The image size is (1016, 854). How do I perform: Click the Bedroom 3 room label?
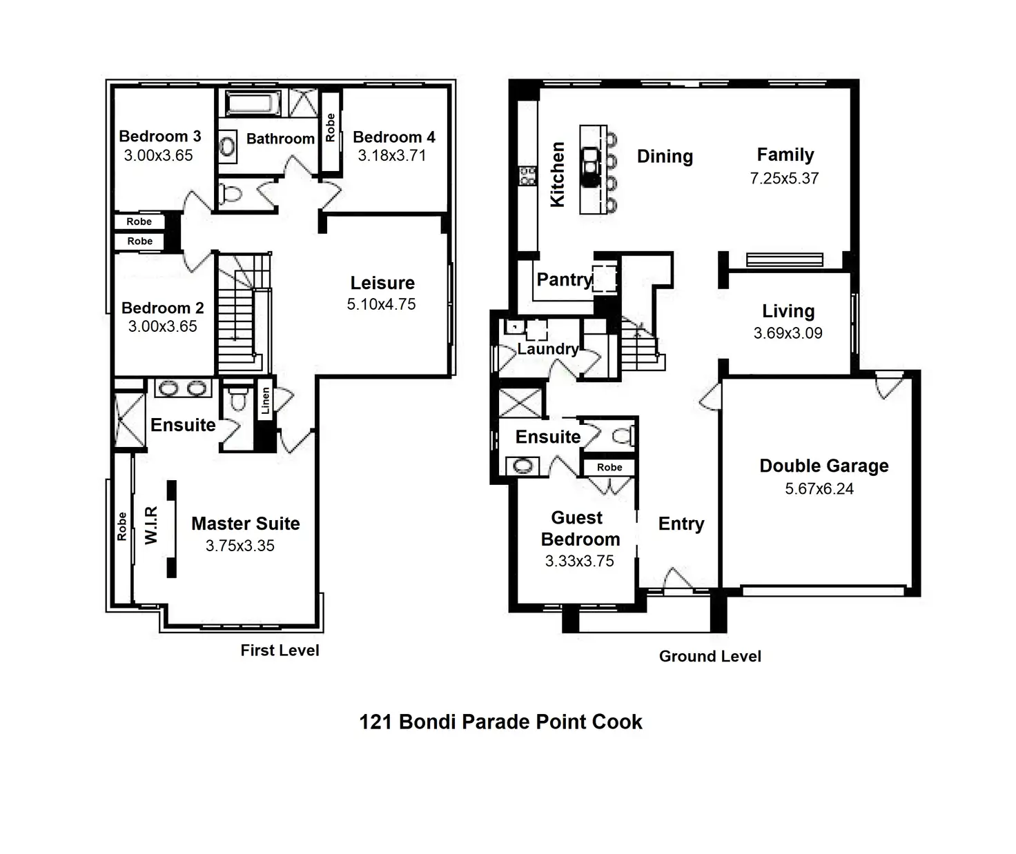click(159, 136)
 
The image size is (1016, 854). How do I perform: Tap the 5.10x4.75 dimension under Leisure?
click(381, 304)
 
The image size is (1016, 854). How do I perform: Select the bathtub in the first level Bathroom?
click(253, 103)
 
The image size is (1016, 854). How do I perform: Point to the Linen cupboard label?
click(265, 400)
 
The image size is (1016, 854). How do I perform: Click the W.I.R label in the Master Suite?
click(151, 525)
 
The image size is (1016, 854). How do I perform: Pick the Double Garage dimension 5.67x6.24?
click(819, 488)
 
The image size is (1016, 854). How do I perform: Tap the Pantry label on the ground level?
click(565, 279)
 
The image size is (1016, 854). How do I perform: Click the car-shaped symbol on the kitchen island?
click(590, 166)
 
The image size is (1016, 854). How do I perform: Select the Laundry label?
click(547, 348)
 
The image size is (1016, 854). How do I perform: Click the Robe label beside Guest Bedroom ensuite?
click(609, 468)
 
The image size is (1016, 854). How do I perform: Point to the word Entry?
click(681, 524)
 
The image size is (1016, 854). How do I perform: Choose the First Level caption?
click(280, 651)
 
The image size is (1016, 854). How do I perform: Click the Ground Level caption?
click(710, 656)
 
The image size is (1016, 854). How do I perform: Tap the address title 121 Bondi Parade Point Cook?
click(500, 722)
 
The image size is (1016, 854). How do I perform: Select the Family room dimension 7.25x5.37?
click(784, 179)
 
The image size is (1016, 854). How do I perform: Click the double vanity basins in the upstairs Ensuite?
click(183, 388)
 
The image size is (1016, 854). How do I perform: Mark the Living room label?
click(788, 311)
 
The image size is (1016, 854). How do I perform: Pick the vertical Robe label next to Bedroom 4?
click(331, 128)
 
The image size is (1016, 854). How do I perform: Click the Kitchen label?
click(558, 174)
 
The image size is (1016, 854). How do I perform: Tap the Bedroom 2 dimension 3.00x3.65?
click(162, 326)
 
